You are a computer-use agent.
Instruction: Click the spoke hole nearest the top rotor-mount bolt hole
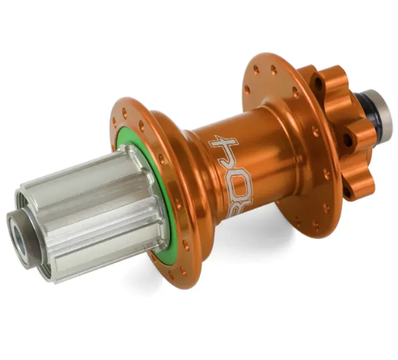click(x=295, y=92)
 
